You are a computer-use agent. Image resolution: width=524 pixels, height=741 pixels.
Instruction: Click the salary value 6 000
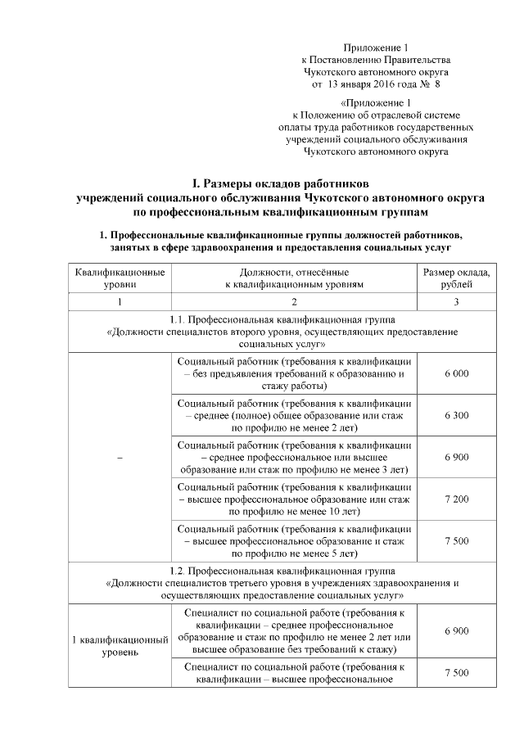point(456,373)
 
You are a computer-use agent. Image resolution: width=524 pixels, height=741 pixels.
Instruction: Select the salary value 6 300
point(456,415)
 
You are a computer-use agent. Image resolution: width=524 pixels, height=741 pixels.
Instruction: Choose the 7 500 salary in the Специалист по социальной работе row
point(456,672)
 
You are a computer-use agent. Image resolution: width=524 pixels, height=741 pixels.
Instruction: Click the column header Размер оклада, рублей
point(456,277)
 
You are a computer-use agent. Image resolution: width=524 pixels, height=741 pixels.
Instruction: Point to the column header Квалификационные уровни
point(120,277)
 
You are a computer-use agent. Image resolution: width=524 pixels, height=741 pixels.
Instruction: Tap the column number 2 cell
point(293,302)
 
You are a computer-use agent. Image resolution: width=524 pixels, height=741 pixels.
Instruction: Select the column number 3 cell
point(456,302)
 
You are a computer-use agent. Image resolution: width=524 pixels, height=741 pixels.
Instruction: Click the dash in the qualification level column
point(120,457)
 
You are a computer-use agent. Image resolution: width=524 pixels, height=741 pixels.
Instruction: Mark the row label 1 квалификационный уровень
point(120,645)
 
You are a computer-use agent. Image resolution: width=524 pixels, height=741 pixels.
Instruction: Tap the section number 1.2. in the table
point(178,568)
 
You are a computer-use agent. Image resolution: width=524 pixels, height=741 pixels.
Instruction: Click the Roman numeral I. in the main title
point(196,183)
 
